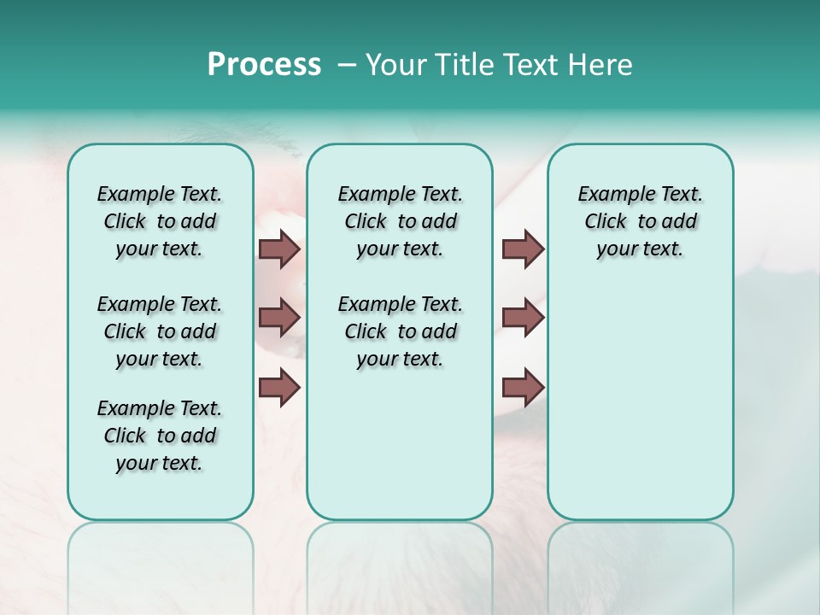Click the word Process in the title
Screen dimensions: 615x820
point(264,65)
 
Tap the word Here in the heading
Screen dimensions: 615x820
point(600,65)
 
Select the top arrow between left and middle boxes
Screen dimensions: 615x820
point(279,249)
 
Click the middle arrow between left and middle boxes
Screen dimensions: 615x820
point(279,318)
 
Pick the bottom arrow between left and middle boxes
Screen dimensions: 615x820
point(279,388)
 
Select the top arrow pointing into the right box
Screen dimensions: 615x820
point(523,249)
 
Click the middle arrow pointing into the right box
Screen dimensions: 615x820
point(523,318)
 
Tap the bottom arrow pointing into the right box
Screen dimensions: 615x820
point(523,388)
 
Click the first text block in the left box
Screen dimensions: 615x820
point(160,221)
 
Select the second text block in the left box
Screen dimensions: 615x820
point(160,331)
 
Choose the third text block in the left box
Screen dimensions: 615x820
point(160,436)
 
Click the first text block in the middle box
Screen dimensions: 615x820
point(400,221)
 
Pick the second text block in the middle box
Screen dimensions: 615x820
point(400,331)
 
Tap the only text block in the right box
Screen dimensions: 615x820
point(640,221)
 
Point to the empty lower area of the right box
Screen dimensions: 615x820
point(640,401)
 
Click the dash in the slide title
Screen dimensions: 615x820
point(347,65)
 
